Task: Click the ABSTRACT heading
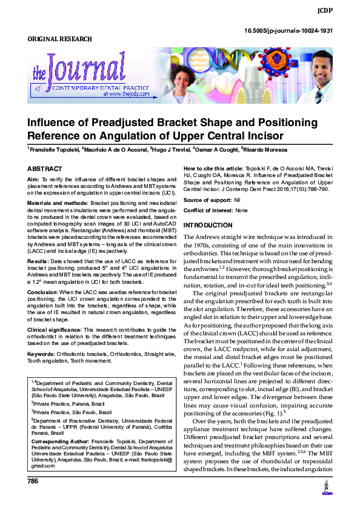(44, 168)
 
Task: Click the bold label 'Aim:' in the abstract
(33, 181)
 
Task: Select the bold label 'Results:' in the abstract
(38, 261)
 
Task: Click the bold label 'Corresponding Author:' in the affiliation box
(59, 441)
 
